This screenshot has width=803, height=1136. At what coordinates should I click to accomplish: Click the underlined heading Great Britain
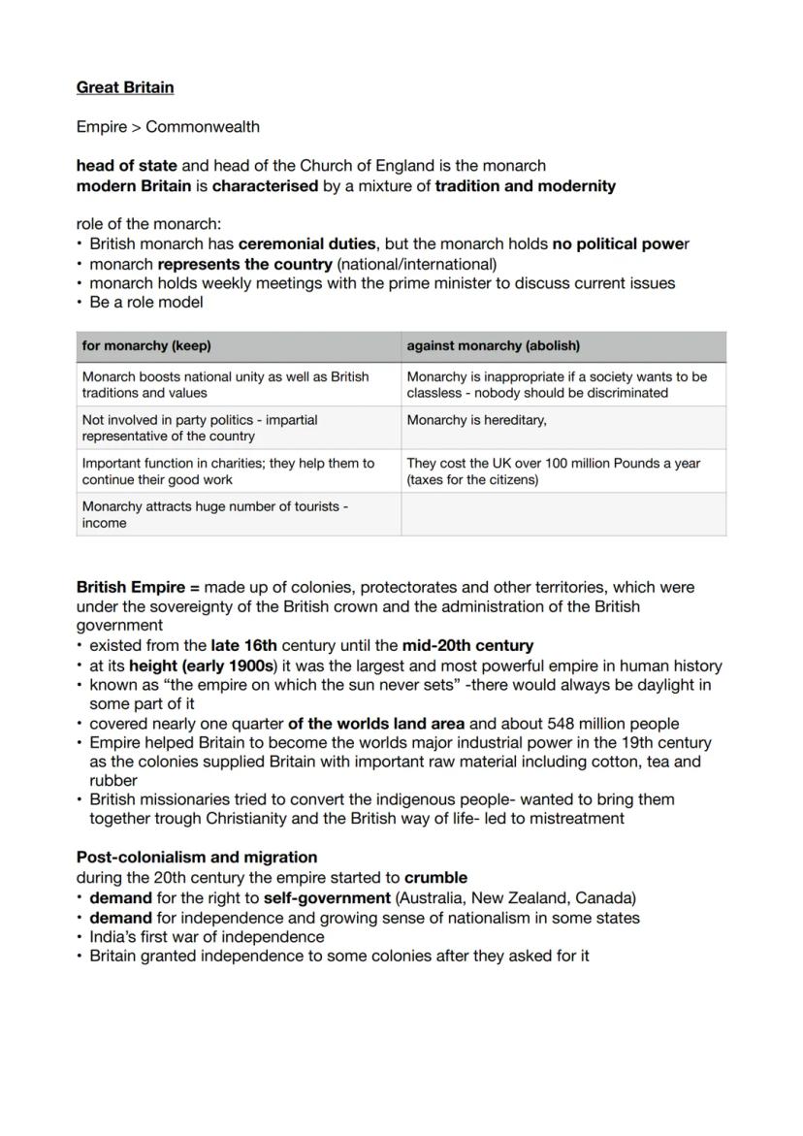click(x=125, y=87)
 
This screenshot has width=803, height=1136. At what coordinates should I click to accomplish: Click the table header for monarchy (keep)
click(x=146, y=345)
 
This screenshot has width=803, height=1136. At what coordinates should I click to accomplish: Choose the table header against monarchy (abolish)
click(x=494, y=345)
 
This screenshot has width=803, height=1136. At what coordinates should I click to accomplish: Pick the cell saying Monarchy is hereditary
click(x=476, y=420)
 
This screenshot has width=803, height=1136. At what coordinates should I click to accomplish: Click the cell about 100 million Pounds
click(x=553, y=471)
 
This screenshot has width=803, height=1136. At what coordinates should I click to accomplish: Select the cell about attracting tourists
click(x=215, y=514)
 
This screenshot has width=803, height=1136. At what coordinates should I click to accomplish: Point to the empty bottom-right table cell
click(x=562, y=514)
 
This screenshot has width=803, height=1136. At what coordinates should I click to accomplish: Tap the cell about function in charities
click(x=228, y=471)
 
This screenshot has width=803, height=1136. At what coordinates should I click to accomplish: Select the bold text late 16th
click(x=243, y=645)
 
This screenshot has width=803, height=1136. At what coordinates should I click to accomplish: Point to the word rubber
click(x=113, y=781)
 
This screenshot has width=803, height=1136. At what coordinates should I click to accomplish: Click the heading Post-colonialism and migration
click(x=197, y=858)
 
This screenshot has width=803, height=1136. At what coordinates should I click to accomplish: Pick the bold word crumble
click(x=435, y=878)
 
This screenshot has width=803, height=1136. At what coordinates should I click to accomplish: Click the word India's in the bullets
click(x=114, y=937)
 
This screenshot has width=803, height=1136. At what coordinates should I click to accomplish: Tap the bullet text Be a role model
click(x=146, y=303)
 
